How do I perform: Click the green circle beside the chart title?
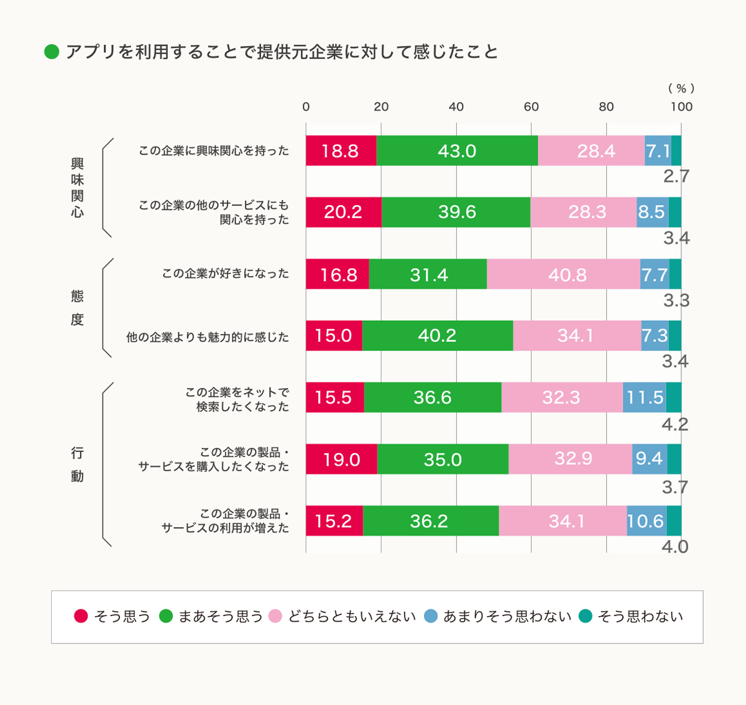(52, 52)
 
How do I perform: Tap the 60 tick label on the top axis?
(531, 106)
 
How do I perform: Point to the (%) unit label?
(681, 88)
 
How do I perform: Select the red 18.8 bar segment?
(341, 150)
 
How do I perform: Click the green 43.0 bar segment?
(457, 150)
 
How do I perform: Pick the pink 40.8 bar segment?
(563, 274)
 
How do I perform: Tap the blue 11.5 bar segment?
(644, 397)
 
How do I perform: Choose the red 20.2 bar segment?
(343, 212)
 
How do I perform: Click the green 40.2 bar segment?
(438, 336)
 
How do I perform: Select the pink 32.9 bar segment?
(570, 459)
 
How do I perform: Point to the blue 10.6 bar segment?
(646, 520)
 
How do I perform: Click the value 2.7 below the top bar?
(676, 177)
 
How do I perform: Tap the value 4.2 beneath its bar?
(675, 425)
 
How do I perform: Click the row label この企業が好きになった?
(226, 274)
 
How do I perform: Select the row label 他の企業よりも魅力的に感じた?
(208, 337)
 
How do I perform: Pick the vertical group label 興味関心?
(77, 188)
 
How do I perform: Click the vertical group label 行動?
(77, 464)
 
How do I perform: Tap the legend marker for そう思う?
(81, 616)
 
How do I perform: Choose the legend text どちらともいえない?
(352, 616)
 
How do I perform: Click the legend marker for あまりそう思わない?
(431, 616)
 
